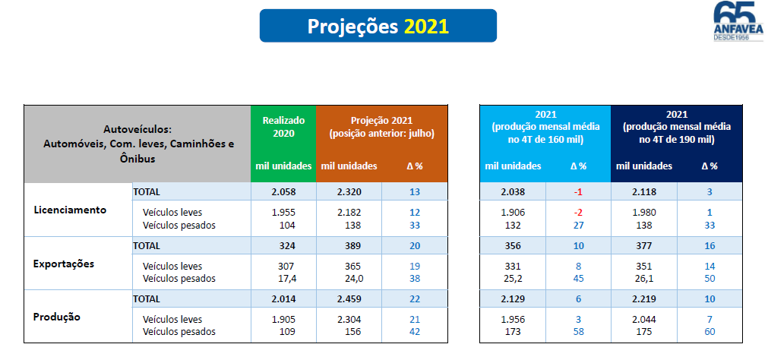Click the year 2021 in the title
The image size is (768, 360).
coord(426,26)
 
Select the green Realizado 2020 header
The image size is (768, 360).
coord(283,126)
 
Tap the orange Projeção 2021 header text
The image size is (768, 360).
coord(381,126)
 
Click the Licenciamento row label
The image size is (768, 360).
coord(69,210)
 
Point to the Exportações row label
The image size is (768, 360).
coord(64,264)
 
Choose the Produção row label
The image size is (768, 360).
coord(58,317)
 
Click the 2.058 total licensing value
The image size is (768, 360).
coord(283,192)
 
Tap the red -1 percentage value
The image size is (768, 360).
coord(578,192)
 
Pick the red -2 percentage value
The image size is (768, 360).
coord(578,212)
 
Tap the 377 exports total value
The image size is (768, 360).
coord(644,246)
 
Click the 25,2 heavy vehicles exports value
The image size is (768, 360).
coord(514,279)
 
